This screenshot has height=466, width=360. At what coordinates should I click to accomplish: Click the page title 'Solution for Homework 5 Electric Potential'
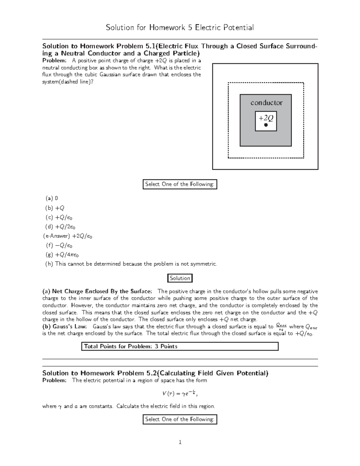pos(180,28)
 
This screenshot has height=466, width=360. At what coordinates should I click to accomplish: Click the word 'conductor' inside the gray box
pos(266,103)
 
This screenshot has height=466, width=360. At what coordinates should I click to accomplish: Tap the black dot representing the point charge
pos(266,125)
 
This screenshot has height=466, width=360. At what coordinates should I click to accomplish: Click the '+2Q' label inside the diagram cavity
pos(266,118)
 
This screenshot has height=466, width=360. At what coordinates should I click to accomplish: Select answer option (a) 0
pos(52,198)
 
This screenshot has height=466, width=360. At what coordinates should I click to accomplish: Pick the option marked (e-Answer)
pos(68,236)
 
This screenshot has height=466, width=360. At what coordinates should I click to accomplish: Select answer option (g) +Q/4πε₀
pos(62,255)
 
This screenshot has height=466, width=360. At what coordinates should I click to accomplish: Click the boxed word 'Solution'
pos(180,278)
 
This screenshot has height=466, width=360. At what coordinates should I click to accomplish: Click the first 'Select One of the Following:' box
pos(180,184)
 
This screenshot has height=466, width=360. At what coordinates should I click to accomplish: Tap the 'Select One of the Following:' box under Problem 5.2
pos(180,419)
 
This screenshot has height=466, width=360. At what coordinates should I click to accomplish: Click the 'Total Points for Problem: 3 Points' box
pos(180,346)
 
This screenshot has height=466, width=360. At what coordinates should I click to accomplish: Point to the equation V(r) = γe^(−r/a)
pos(180,393)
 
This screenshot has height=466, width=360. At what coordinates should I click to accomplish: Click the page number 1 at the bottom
pos(180,442)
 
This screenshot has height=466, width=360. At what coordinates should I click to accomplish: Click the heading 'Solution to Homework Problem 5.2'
pos(155,373)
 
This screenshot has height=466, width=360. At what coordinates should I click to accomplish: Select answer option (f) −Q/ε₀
pos(59,245)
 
